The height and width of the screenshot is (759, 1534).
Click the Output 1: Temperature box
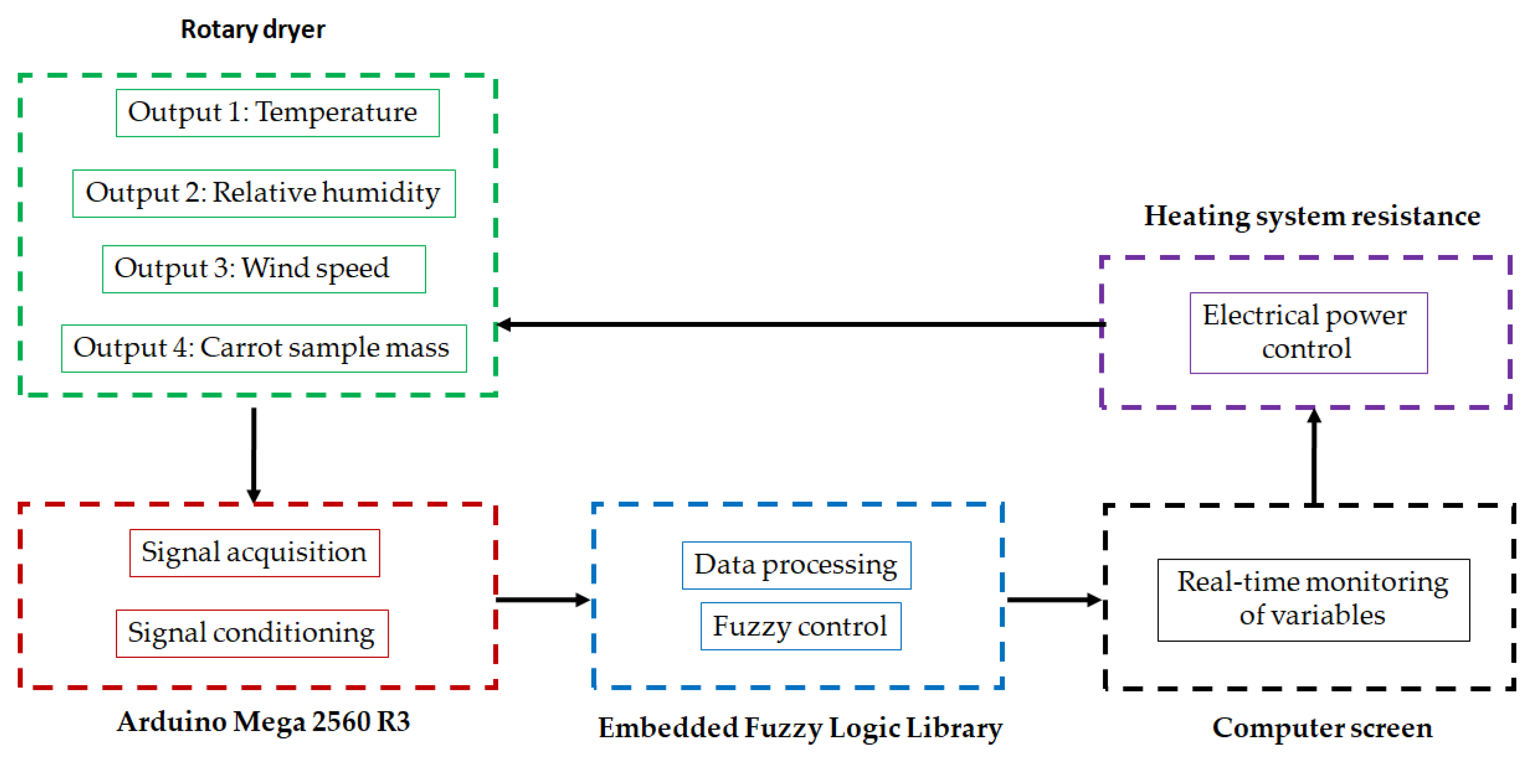pos(278,113)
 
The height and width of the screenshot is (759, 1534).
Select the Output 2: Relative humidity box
pos(264,193)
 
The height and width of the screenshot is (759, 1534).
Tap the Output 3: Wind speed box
pos(264,269)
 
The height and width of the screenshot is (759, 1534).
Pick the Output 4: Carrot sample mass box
pos(264,349)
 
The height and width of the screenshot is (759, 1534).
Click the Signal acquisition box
pos(254,553)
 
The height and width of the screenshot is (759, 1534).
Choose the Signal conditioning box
pos(252,633)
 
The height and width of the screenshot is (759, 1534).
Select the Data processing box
pos(796,566)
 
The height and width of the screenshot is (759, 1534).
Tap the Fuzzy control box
pos(800,626)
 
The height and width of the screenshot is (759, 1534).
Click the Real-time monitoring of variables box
pos(1313,599)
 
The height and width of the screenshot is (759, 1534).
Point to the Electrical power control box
pos(1308,333)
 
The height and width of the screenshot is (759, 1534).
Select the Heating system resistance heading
pos(1312,216)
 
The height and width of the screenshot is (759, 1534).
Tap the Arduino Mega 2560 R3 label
pos(263,722)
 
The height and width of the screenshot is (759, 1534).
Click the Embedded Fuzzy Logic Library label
pos(800,728)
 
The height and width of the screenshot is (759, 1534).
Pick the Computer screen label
pos(1322,728)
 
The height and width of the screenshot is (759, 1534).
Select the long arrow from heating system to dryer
pos(798,325)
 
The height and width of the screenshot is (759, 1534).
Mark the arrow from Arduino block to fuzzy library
pos(543,600)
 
